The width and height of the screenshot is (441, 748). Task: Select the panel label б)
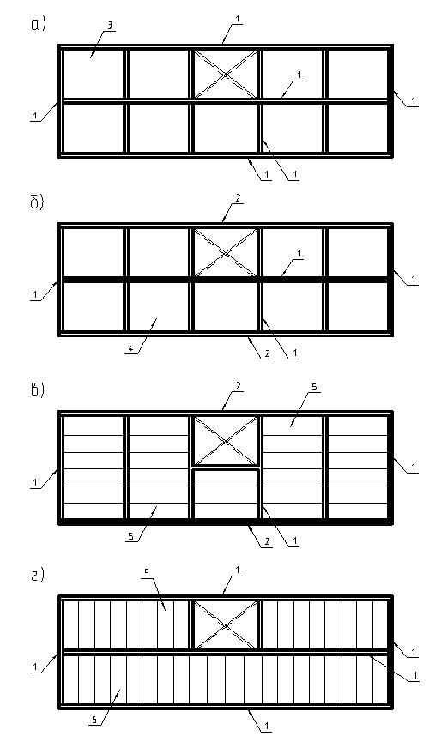click(x=37, y=202)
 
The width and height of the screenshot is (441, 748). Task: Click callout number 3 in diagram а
click(x=109, y=26)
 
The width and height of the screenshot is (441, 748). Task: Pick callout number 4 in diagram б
click(x=130, y=349)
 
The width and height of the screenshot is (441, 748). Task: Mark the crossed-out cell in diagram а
click(x=226, y=74)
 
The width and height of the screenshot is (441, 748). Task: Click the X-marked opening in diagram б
click(x=226, y=252)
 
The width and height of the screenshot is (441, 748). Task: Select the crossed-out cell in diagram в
click(x=226, y=440)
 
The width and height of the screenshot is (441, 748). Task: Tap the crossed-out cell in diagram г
click(x=226, y=624)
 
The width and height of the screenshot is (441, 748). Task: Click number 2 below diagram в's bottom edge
click(x=268, y=541)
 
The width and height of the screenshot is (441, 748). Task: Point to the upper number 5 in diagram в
click(x=313, y=388)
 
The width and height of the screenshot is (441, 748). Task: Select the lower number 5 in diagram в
click(x=130, y=537)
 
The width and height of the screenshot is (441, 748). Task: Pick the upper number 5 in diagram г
click(x=147, y=573)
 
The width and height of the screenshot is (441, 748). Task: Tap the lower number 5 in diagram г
click(x=94, y=721)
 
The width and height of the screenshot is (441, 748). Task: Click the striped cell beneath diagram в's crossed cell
click(x=226, y=494)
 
